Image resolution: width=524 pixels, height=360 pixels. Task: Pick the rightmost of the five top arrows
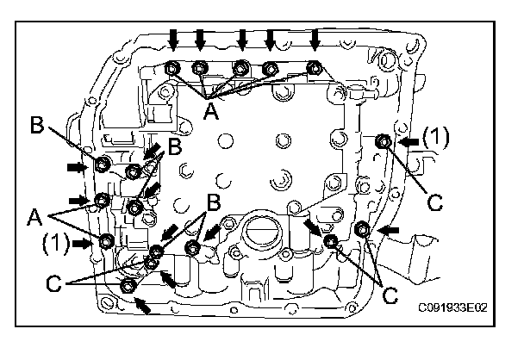pos(315,38)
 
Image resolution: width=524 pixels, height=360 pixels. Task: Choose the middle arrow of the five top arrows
pos(243,38)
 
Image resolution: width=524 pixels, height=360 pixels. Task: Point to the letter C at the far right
pos(434,202)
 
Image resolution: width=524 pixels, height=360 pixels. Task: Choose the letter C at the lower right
pos(390,295)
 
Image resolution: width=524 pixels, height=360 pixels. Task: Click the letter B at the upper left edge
pos(38,126)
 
